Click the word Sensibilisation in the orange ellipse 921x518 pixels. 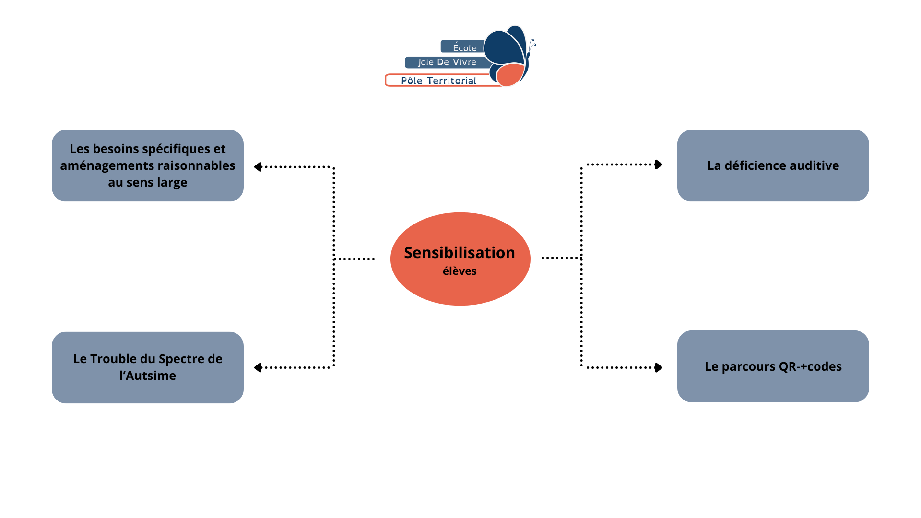click(x=460, y=253)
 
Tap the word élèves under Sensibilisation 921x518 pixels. click(x=460, y=271)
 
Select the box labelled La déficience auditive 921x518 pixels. click(x=773, y=165)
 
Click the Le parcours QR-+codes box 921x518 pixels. click(x=773, y=366)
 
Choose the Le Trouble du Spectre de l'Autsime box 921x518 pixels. click(x=148, y=367)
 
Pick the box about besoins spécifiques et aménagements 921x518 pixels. click(x=148, y=165)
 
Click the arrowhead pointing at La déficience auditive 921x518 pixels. click(x=659, y=165)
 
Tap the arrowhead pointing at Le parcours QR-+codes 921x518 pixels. click(x=659, y=367)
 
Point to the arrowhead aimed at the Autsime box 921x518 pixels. click(x=258, y=368)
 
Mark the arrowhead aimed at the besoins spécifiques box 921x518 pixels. click(x=258, y=167)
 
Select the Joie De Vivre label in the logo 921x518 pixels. click(x=447, y=62)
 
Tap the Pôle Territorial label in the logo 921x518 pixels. click(x=438, y=81)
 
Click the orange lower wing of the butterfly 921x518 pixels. click(x=510, y=75)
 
